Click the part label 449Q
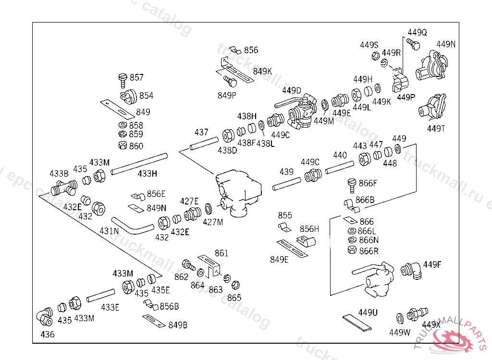[x=417, y=33]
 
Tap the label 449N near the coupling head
[x=446, y=44]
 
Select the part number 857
[x=136, y=78]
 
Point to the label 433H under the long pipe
[x=148, y=173]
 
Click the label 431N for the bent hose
[x=109, y=231]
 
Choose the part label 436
[x=48, y=335]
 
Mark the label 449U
[x=368, y=313]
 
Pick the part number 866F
[x=368, y=183]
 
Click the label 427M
[x=213, y=222]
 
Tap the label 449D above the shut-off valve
[x=292, y=90]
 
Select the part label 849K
[x=262, y=71]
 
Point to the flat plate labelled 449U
[x=358, y=323]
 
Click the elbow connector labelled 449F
[x=412, y=269]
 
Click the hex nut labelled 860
[x=122, y=145]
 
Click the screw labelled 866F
[x=351, y=184]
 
